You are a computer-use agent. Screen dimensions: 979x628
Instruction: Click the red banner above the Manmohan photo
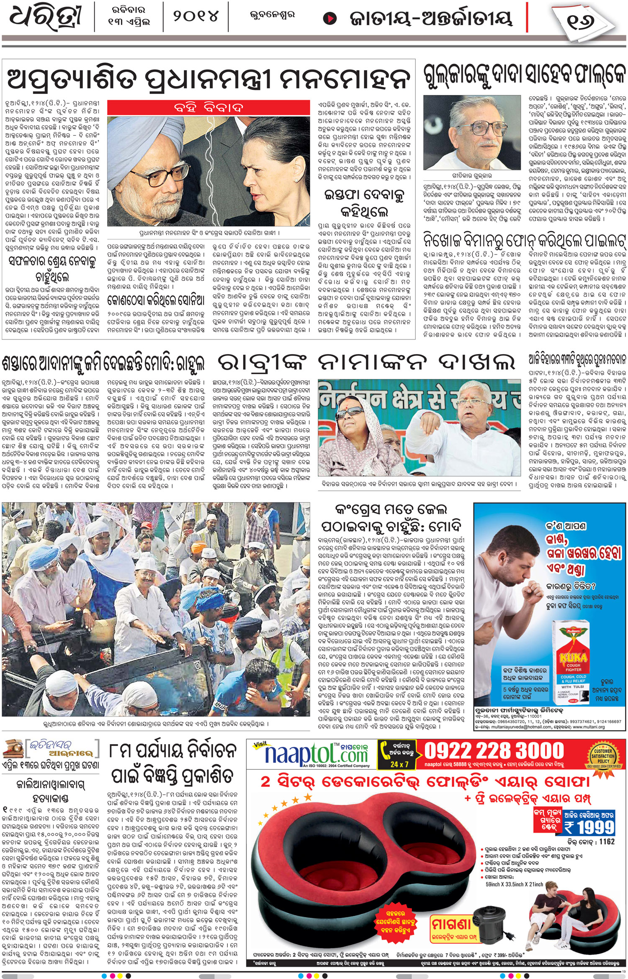coord(208,108)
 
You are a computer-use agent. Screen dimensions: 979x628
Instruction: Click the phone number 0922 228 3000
coord(494,751)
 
